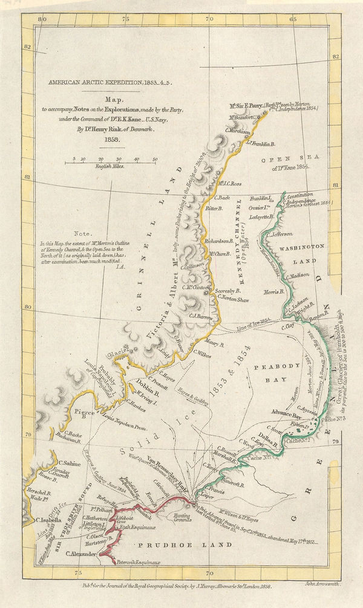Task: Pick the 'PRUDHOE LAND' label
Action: (172, 545)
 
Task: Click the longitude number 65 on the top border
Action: (292, 19)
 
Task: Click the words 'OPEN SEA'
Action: (283, 160)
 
